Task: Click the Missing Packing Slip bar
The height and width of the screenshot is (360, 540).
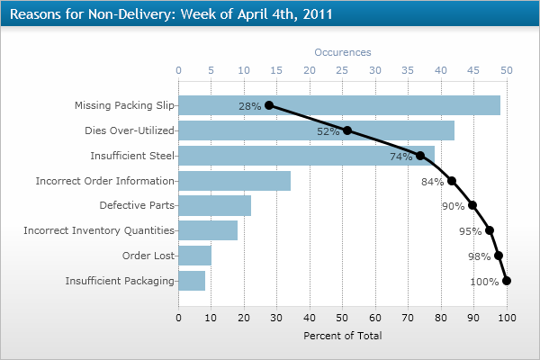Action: pyautogui.click(x=338, y=105)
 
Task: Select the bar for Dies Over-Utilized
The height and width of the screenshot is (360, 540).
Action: pyautogui.click(x=316, y=130)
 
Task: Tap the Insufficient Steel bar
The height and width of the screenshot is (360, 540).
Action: pyautogui.click(x=306, y=156)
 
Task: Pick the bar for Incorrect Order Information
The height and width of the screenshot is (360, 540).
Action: pyautogui.click(x=234, y=181)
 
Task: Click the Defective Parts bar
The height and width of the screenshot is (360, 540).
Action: pyautogui.click(x=214, y=205)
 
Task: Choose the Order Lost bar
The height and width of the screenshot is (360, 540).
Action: pyautogui.click(x=194, y=256)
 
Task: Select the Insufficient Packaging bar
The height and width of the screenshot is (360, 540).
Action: pyautogui.click(x=192, y=281)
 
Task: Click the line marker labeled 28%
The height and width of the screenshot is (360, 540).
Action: pyautogui.click(x=269, y=105)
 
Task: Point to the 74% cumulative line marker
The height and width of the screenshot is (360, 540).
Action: pyautogui.click(x=420, y=156)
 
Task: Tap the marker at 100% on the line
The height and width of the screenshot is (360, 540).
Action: pyautogui.click(x=507, y=281)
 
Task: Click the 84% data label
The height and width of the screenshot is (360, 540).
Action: pyautogui.click(x=432, y=182)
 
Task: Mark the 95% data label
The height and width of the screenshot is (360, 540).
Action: pyautogui.click(x=470, y=231)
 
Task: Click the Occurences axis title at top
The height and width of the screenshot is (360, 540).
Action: pyautogui.click(x=342, y=52)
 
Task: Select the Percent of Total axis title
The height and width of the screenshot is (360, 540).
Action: pyautogui.click(x=342, y=336)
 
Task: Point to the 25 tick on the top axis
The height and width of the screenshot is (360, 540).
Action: pyautogui.click(x=342, y=69)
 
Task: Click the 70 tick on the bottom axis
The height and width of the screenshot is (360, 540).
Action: pyautogui.click(x=408, y=318)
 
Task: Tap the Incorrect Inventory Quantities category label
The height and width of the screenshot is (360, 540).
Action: pyautogui.click(x=98, y=230)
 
